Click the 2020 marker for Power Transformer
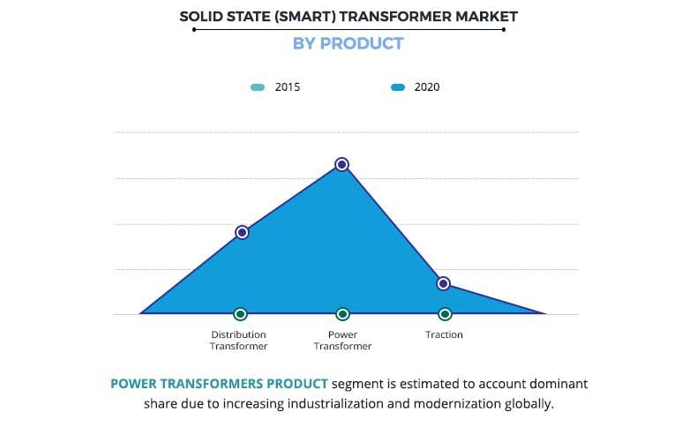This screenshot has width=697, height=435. [x=341, y=164]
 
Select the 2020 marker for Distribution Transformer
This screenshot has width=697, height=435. [x=242, y=232]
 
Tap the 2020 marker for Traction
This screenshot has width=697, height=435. [x=444, y=283]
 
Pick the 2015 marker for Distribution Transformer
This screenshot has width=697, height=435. [x=240, y=314]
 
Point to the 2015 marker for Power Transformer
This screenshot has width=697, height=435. [x=342, y=314]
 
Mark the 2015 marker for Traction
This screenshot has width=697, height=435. [x=445, y=314]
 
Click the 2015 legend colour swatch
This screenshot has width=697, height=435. [x=258, y=87]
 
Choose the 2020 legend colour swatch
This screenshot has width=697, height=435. [x=398, y=87]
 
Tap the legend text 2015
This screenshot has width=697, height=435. [x=288, y=87]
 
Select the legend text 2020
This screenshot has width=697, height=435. [x=427, y=87]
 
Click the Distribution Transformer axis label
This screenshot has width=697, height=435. [x=238, y=341]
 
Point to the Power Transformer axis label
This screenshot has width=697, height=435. [x=342, y=341]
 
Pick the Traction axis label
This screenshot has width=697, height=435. [x=444, y=335]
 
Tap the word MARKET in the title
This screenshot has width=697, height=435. [x=484, y=16]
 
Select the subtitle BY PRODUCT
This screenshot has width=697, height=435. [x=348, y=43]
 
